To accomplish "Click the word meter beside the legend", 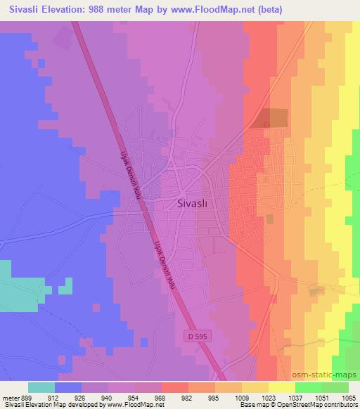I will point(8,397).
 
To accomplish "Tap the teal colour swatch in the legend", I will point(41,387).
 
